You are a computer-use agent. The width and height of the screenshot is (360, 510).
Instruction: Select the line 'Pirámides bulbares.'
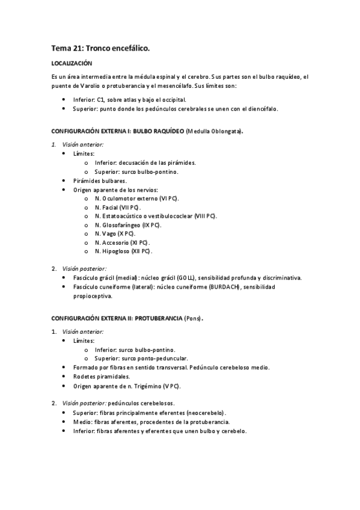[100, 180]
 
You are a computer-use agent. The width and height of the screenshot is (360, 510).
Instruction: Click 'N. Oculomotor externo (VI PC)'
[136, 198]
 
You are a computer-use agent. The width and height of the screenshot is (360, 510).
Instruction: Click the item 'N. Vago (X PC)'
[115, 233]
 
